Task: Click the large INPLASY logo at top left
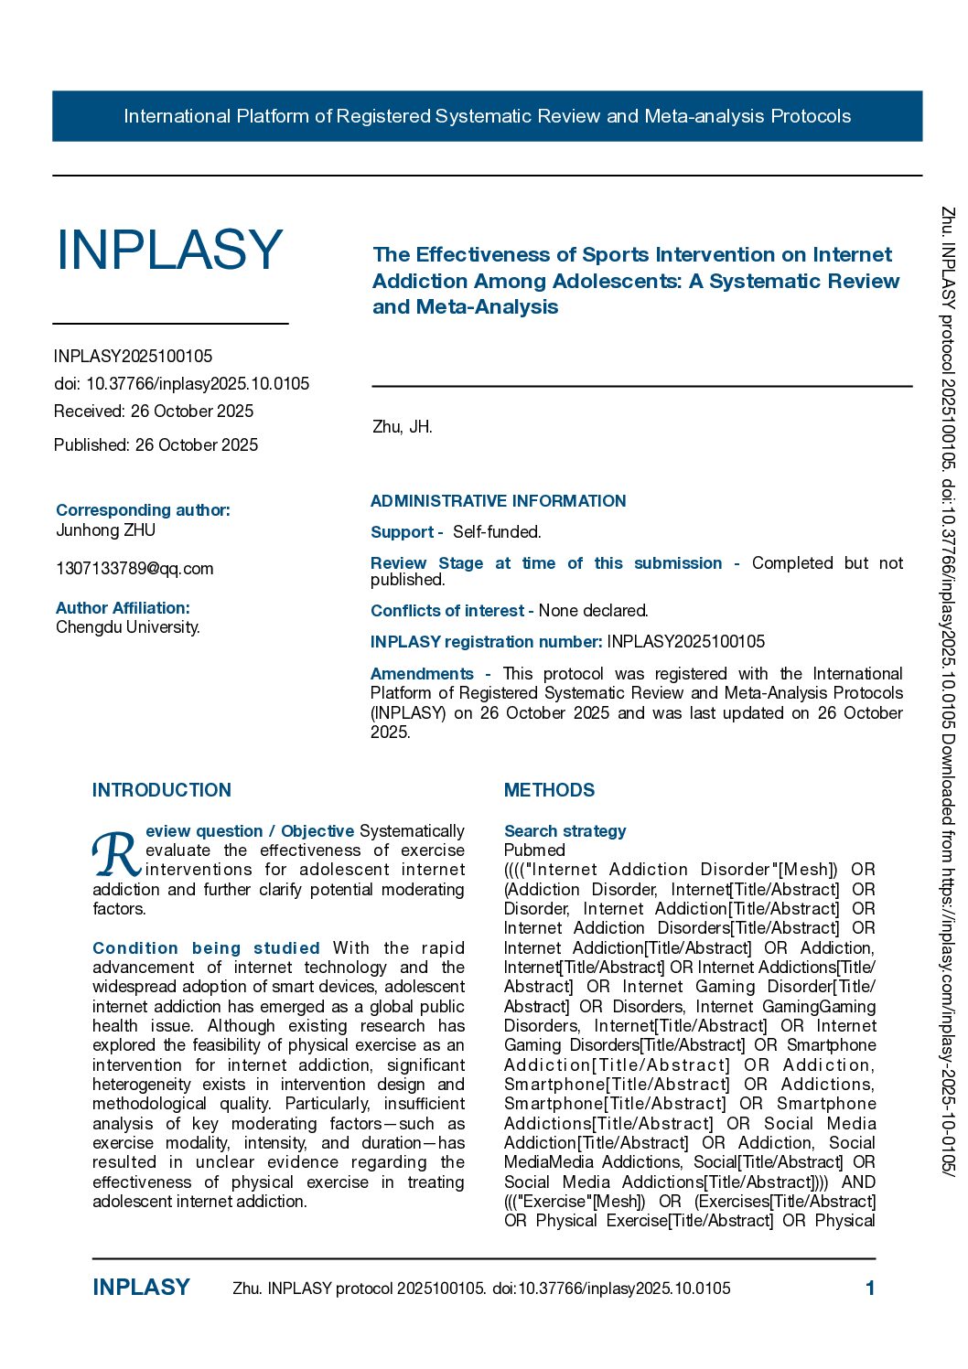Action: [169, 250]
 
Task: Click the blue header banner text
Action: [487, 116]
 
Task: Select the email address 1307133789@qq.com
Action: [134, 569]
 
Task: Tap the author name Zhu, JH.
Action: [402, 427]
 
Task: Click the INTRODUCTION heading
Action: [162, 790]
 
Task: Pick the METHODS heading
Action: [549, 790]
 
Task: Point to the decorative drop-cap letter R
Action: [116, 854]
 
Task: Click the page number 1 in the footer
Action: [870, 1289]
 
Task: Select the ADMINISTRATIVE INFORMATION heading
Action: [498, 501]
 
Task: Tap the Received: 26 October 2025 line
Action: [154, 412]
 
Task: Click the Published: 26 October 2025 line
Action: [156, 445]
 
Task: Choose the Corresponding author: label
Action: [143, 510]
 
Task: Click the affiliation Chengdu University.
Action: [128, 627]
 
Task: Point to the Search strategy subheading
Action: [565, 831]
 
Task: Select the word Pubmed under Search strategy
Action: [534, 850]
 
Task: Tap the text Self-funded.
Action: [497, 532]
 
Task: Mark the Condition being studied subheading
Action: [206, 948]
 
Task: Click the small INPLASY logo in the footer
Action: [141, 1288]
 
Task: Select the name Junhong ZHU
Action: [106, 530]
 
